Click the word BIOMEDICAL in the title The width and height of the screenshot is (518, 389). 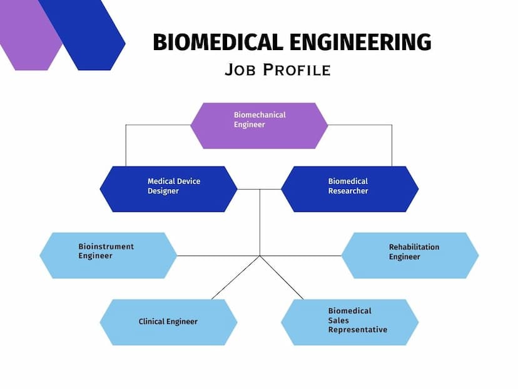pyautogui.click(x=218, y=42)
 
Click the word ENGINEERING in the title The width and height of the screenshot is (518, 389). pyautogui.click(x=360, y=42)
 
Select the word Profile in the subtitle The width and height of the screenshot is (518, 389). pyautogui.click(x=297, y=70)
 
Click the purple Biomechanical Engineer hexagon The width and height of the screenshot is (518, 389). pyautogui.click(x=260, y=126)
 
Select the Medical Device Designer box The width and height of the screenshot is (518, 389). pyautogui.click(x=168, y=189)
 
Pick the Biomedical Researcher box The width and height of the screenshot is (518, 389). pyautogui.click(x=350, y=189)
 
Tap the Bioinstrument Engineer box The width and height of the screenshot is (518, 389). pyautogui.click(x=108, y=256)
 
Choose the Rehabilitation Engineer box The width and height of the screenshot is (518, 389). pyautogui.click(x=410, y=256)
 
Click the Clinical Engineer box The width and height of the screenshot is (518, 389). pyautogui.click(x=168, y=322)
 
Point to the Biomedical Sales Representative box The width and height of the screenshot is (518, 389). pyautogui.click(x=350, y=322)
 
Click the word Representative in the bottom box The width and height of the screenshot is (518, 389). pyautogui.click(x=358, y=329)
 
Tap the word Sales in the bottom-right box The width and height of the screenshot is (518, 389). pyautogui.click(x=338, y=320)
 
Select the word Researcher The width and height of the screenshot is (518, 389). pyautogui.click(x=348, y=191)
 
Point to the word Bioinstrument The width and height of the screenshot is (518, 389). pyautogui.click(x=106, y=246)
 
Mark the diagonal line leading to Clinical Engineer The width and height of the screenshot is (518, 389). pyautogui.click(x=236, y=277)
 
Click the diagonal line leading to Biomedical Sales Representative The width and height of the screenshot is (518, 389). pyautogui.click(x=282, y=277)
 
